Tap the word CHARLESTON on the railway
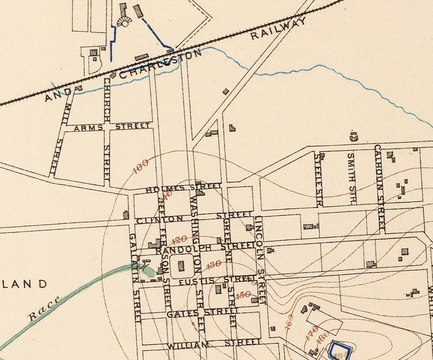tap(161, 64)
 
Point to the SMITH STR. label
tap(351, 178)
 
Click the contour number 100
tap(141, 166)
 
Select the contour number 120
tap(179, 239)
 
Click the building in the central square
tap(181, 266)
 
